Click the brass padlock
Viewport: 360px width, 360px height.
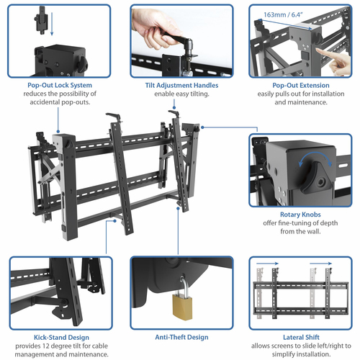[x=179, y=305]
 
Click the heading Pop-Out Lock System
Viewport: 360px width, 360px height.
[x=60, y=85]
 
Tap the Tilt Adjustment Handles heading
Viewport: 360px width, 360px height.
[x=176, y=85]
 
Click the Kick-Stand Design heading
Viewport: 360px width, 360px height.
[x=60, y=336]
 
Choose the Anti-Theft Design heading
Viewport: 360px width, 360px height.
[x=176, y=336]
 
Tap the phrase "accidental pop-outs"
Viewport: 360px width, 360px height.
[x=60, y=102]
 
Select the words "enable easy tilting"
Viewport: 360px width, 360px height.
[x=176, y=94]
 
